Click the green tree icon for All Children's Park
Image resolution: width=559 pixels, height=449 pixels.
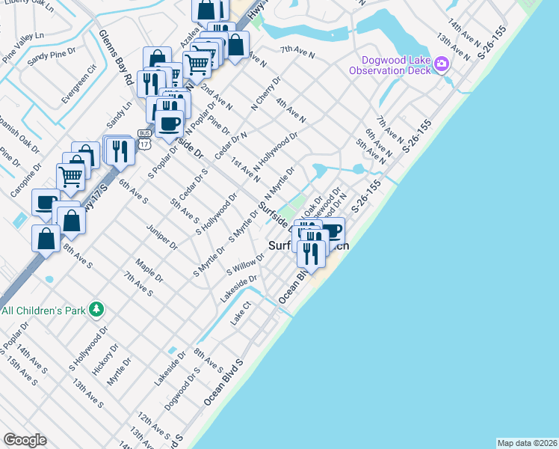(x=96, y=309)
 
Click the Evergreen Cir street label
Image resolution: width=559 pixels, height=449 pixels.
(x=81, y=84)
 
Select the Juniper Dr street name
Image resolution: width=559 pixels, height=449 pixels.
(x=162, y=235)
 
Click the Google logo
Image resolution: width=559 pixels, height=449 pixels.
(x=25, y=440)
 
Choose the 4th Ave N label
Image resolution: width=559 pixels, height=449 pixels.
(x=291, y=109)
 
